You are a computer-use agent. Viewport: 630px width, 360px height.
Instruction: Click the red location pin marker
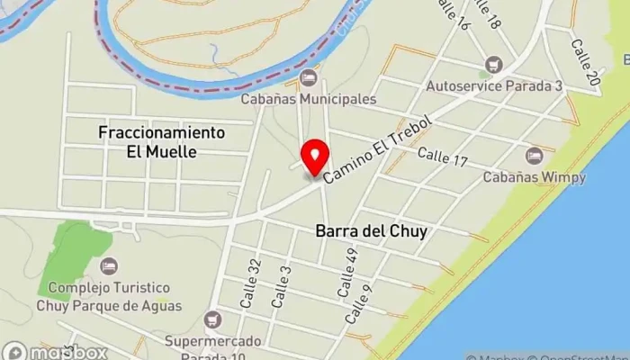(x=314, y=158)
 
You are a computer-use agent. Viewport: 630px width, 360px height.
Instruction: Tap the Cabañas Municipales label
(x=309, y=99)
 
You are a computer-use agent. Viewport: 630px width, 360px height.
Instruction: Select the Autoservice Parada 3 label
(x=493, y=85)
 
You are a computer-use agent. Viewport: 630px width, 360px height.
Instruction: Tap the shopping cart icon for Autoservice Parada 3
(x=492, y=65)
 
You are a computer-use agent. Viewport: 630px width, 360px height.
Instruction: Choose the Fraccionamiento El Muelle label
(x=161, y=142)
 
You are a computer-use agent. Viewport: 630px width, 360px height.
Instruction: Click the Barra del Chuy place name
(x=371, y=231)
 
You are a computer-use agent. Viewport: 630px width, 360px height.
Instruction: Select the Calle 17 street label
(x=443, y=159)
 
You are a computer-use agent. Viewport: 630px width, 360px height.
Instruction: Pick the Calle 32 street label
(x=251, y=285)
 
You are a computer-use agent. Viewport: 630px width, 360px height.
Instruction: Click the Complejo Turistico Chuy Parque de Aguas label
(x=109, y=297)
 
